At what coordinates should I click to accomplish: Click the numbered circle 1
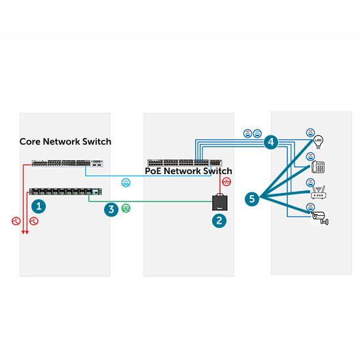pyautogui.click(x=39, y=206)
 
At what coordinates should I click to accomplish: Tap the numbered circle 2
pyautogui.click(x=220, y=221)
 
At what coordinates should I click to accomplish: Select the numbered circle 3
pyautogui.click(x=112, y=209)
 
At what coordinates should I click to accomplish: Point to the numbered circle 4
pyautogui.click(x=270, y=141)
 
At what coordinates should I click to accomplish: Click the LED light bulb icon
pyautogui.click(x=319, y=141)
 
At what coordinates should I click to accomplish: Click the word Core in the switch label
pyautogui.click(x=30, y=141)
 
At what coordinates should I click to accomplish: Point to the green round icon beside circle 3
pyautogui.click(x=126, y=209)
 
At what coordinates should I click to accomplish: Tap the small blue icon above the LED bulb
pyautogui.click(x=310, y=131)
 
